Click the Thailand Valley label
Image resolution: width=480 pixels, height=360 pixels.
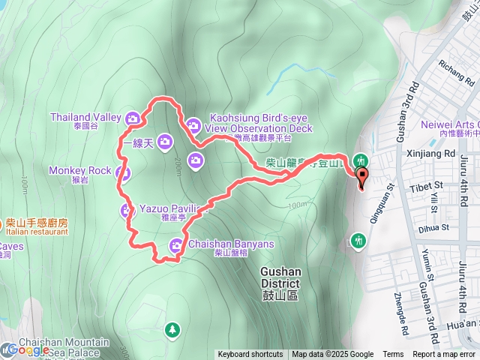(x=85, y=117)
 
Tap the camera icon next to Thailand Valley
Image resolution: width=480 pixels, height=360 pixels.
(x=132, y=118)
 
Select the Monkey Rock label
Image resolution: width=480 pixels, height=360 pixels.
(x=79, y=170)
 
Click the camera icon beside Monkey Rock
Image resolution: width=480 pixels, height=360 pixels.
(x=124, y=173)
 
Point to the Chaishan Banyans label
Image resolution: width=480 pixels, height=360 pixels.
(x=232, y=244)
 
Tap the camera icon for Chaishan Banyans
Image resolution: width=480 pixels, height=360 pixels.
(x=176, y=244)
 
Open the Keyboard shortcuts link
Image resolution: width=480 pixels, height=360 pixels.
(x=250, y=355)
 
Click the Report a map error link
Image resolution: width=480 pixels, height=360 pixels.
(x=443, y=355)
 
